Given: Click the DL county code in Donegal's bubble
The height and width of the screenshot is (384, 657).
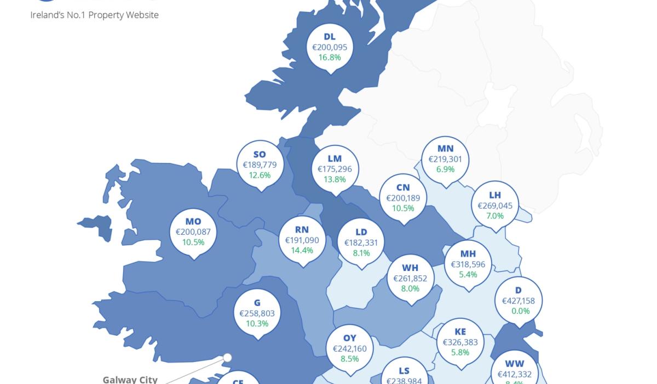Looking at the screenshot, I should pos(330,37).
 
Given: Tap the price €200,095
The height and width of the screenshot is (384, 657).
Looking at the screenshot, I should pos(330,47).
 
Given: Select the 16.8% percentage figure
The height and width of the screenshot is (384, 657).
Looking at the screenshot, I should pos(330,57).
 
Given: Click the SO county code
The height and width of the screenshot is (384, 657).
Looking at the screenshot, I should pos(260,155).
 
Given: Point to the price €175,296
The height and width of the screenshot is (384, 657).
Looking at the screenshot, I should pos(335,169).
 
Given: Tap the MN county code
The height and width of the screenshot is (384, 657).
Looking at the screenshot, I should pos(445,149).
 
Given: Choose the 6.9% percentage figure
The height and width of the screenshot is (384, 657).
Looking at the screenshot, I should pos(445,170).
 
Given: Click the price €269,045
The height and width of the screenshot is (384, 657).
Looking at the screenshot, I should pos(495,206).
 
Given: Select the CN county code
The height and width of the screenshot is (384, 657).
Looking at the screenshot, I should pos(403,188).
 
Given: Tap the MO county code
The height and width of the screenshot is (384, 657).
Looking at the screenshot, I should pos(193,222).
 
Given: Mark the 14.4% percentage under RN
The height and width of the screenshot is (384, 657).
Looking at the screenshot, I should pos(302,250).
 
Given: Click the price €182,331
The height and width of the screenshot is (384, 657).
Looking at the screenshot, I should pos(361,242).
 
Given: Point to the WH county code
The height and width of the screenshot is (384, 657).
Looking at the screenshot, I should pos(410,268).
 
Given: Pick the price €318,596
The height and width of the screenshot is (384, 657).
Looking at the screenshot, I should pos(468,264).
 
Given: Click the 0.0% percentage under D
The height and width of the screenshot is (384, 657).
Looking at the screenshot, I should pos(518,311).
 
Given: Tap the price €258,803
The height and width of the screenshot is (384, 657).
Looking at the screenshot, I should pos(257,313).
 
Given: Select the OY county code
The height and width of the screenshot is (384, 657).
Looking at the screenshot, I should pos(350,338).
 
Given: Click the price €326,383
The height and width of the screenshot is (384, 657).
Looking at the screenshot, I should pos(460,342).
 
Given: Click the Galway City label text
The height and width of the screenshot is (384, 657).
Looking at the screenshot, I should pos(130,379).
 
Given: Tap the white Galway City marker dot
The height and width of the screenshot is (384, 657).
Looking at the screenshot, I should pos(227,358).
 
